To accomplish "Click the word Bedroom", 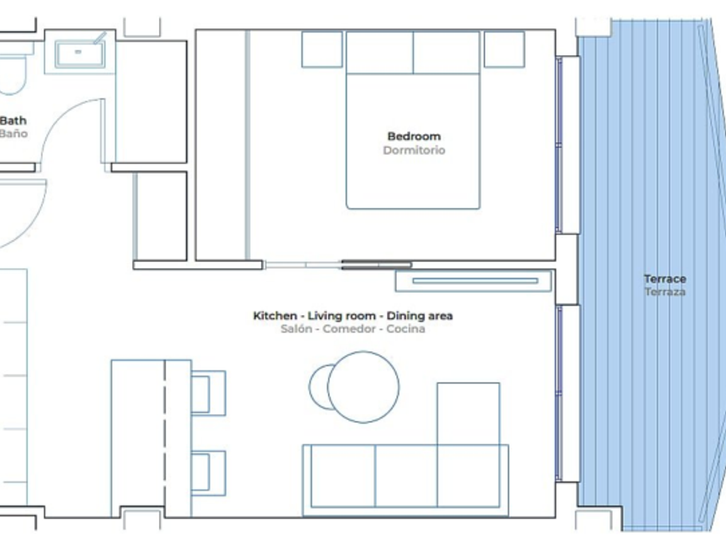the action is [414, 136].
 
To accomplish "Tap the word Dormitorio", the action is [414, 150].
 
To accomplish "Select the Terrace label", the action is [665, 279].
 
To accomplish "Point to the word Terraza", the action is [665, 292].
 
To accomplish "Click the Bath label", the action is [13, 121].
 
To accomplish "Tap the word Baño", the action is [14, 134].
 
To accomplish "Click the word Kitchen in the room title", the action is [275, 316].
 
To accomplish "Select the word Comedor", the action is [349, 329].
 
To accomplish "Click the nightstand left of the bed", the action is [322, 49].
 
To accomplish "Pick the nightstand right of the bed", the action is [504, 49].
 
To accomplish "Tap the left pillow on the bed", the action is [379, 53].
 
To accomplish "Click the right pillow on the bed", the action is [446, 53].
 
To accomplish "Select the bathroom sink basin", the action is [80, 54].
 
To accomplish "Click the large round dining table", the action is [363, 387].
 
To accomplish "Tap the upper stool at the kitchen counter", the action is [208, 393].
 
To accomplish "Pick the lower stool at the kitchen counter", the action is [208, 474].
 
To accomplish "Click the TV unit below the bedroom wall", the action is [474, 281].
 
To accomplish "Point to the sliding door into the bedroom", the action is [338, 265].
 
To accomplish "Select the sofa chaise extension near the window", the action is [468, 414].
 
